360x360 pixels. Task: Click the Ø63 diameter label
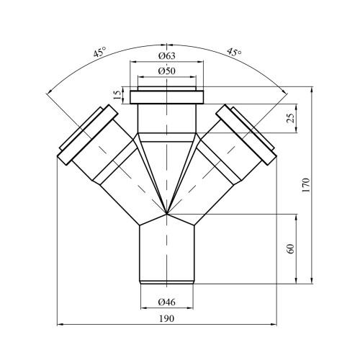point(167,56)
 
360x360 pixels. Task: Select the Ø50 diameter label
point(167,71)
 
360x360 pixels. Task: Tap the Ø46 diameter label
point(167,302)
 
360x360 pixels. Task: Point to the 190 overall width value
point(166,318)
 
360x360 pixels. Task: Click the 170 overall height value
point(306,185)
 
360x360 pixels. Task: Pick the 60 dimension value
point(290,249)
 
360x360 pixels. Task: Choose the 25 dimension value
point(291,118)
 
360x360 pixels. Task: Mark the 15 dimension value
point(117,95)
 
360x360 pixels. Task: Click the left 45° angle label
point(99,53)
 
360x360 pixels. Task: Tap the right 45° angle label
point(234,52)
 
